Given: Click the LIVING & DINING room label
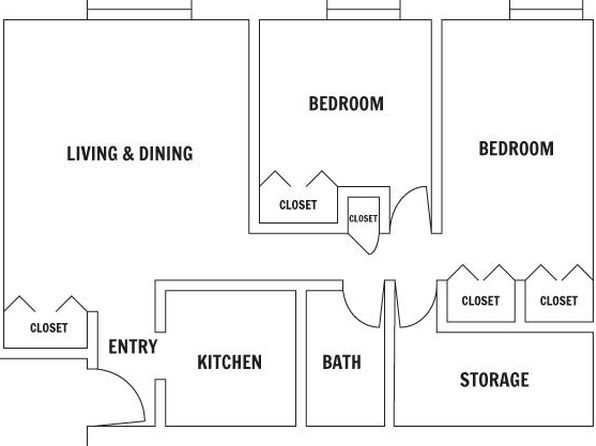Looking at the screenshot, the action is [x=130, y=154].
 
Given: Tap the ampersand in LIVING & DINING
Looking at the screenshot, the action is [x=128, y=154].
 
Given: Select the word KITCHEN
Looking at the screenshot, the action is [x=230, y=362].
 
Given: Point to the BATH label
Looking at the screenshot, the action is [x=342, y=362].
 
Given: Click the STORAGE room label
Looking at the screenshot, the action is [x=494, y=379].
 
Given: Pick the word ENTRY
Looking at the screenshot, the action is [x=133, y=347].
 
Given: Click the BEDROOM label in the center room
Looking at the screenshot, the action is [x=346, y=103].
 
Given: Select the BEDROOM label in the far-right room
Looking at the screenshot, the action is [x=516, y=148].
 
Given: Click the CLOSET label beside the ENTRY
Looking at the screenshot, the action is [x=49, y=328].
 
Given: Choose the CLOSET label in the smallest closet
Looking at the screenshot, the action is [x=363, y=219].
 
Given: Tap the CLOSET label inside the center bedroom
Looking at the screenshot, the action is [x=298, y=205].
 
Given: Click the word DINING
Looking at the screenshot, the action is [x=166, y=154].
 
